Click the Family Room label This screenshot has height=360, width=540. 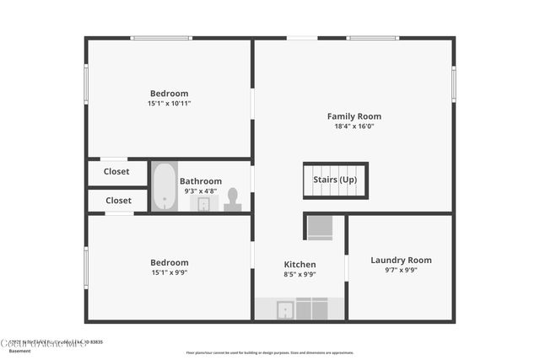click(354, 116)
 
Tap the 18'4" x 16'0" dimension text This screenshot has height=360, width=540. click(354, 126)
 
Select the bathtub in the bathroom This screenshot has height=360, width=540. click(164, 185)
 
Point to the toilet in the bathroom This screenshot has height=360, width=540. click(233, 199)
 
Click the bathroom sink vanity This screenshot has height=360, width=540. click(203, 204)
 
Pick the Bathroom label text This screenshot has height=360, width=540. click(200, 180)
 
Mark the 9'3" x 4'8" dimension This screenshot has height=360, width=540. click(200, 191)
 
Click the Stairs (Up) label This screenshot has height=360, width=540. click(335, 180)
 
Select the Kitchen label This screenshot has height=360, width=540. click(300, 264)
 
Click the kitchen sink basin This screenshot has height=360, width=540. click(285, 310)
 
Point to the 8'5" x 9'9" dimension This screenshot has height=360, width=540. click(300, 274)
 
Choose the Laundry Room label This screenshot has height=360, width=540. click(401, 260)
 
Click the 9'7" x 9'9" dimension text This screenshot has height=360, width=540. click(401, 270)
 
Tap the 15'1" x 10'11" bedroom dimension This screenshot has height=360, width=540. click(169, 103)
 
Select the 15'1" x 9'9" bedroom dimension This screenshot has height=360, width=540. click(169, 272)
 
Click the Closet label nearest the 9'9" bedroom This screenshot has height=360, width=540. click(118, 201)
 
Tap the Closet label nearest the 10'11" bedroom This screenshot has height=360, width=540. click(116, 171)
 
